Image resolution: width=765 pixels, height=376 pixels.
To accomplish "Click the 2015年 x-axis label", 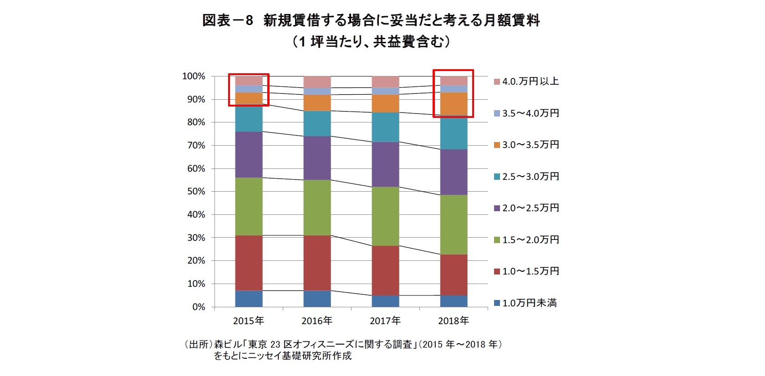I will click(x=248, y=321).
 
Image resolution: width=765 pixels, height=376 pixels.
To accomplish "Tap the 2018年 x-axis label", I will click(x=453, y=321).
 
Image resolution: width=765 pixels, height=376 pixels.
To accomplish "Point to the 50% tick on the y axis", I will click(x=196, y=192).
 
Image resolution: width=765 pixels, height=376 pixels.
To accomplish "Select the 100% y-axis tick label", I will click(x=194, y=76).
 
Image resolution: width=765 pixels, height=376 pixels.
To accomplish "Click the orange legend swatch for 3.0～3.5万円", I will click(x=497, y=145).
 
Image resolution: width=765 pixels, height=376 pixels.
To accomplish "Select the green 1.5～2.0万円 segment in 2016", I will click(x=317, y=208).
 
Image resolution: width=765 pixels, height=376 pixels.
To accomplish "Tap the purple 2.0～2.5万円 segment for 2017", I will click(x=385, y=164).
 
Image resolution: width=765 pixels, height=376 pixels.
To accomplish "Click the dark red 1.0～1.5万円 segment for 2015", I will click(x=249, y=263).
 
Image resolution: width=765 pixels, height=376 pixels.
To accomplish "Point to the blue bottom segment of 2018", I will click(x=454, y=301).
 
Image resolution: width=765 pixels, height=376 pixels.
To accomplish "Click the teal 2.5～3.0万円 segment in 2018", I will click(x=454, y=133).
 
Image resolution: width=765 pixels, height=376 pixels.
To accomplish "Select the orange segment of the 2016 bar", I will click(x=317, y=103).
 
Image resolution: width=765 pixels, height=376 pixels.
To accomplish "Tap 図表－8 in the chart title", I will click(x=227, y=20).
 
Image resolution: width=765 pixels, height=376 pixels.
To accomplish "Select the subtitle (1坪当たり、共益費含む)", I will click(x=371, y=42).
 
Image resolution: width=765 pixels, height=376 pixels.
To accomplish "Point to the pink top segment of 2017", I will click(x=385, y=82).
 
